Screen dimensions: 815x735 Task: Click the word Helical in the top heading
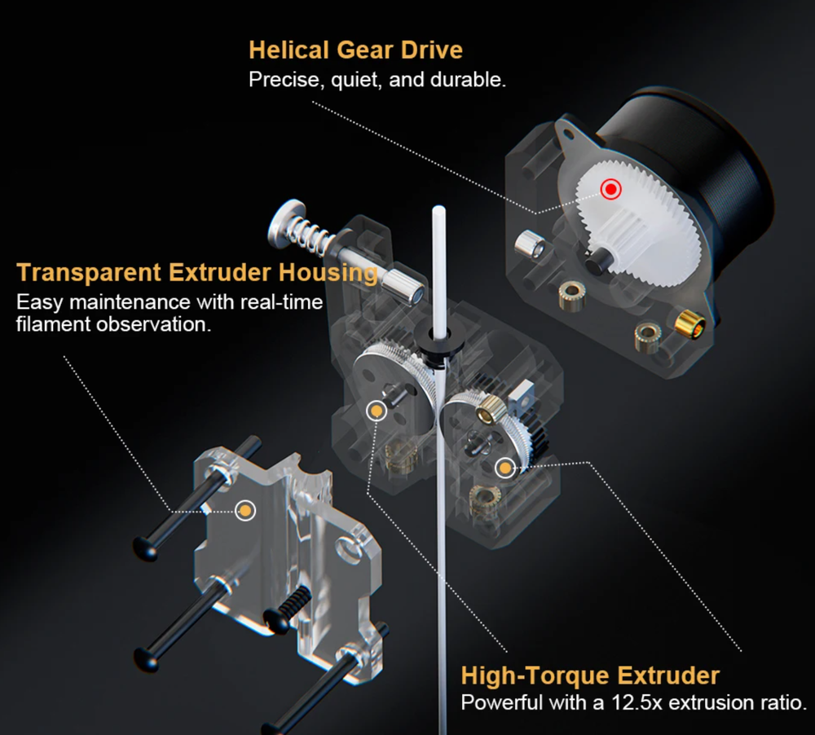coord(289,50)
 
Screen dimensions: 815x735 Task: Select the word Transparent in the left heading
coord(89,272)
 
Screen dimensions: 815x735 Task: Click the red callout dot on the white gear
coord(610,189)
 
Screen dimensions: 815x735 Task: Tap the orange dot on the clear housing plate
coord(245,510)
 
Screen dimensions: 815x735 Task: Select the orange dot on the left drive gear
coord(377,412)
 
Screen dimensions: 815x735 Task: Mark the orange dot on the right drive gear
coord(504,469)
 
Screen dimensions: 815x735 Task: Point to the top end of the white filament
coord(439,208)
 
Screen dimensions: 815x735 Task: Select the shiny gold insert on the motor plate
coord(690,323)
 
